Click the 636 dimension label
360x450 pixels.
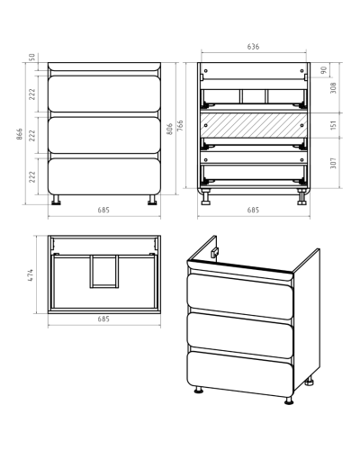click(x=253, y=47)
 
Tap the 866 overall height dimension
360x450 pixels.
click(x=19, y=134)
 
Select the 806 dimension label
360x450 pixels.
click(x=169, y=129)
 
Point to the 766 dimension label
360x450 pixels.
click(x=180, y=126)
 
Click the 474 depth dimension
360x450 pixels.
click(x=31, y=274)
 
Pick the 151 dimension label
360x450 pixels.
click(x=333, y=125)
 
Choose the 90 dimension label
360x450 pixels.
click(x=323, y=70)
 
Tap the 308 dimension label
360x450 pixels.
click(x=333, y=87)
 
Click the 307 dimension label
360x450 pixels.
click(x=333, y=163)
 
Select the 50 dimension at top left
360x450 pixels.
click(x=32, y=57)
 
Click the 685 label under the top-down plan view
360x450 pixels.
click(x=103, y=319)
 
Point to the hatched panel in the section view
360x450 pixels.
click(x=254, y=125)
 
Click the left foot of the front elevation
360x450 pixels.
click(x=56, y=200)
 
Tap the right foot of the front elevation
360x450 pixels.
click(x=152, y=200)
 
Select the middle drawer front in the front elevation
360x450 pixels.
click(x=103, y=135)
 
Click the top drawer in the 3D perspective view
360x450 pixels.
click(x=240, y=296)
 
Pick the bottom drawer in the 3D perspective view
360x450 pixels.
click(x=240, y=374)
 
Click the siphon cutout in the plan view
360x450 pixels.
click(x=103, y=272)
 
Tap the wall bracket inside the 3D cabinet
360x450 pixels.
click(x=215, y=253)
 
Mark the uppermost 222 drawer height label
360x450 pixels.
click(x=32, y=94)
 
